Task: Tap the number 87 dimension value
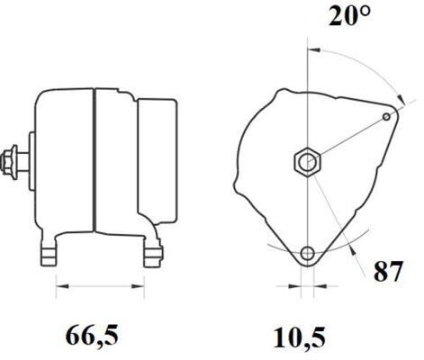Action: [388, 272]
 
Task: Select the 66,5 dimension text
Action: [92, 337]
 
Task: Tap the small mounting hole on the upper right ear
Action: [388, 115]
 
